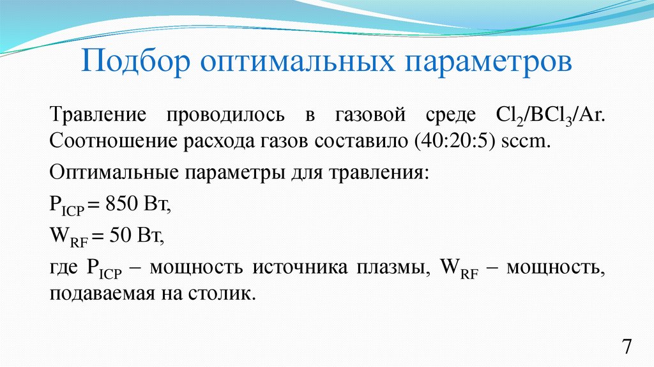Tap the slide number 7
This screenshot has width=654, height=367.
click(627, 347)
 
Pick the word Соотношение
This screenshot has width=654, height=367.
click(108, 141)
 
